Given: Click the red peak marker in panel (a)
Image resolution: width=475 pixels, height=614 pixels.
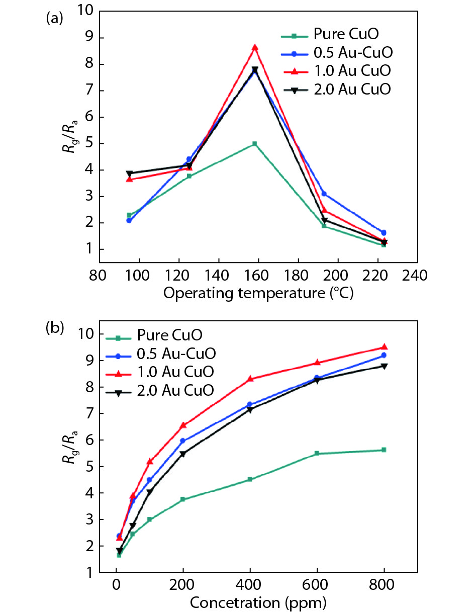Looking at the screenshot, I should [255, 47].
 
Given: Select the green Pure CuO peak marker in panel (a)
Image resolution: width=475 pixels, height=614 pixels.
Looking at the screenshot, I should [255, 144].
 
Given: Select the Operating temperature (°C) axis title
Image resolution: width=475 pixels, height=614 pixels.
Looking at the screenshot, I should [258, 294].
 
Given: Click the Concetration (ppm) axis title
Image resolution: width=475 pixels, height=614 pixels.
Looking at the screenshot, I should [258, 601].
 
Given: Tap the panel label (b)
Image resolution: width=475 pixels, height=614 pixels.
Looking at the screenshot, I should [54, 328].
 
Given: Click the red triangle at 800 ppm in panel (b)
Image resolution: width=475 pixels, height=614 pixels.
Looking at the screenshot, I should [384, 347].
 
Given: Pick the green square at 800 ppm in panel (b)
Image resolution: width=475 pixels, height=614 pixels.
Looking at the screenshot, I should [384, 450].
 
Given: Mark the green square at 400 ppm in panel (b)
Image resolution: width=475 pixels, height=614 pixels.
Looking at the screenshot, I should [250, 479].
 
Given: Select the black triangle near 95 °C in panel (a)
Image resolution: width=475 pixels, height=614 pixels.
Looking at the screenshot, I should [129, 173].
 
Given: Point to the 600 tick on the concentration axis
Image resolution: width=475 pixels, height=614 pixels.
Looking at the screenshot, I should [317, 586].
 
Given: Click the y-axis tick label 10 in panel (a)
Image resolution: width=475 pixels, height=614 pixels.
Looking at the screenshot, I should [84, 11].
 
